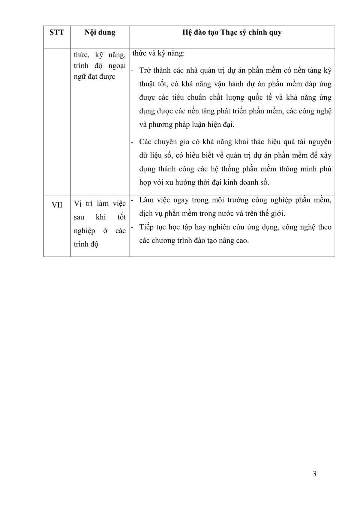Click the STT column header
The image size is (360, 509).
pos(57,32)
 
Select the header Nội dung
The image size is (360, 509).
pos(100,32)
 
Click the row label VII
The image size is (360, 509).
pos(57,205)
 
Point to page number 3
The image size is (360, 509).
pos(314,474)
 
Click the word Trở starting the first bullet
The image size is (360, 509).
pos(145,70)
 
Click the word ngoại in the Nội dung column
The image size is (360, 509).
pos(117,66)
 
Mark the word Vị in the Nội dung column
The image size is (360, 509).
pos(78,204)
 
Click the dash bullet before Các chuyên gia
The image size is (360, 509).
pos(132,142)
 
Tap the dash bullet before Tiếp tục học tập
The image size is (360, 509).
pos(132,227)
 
